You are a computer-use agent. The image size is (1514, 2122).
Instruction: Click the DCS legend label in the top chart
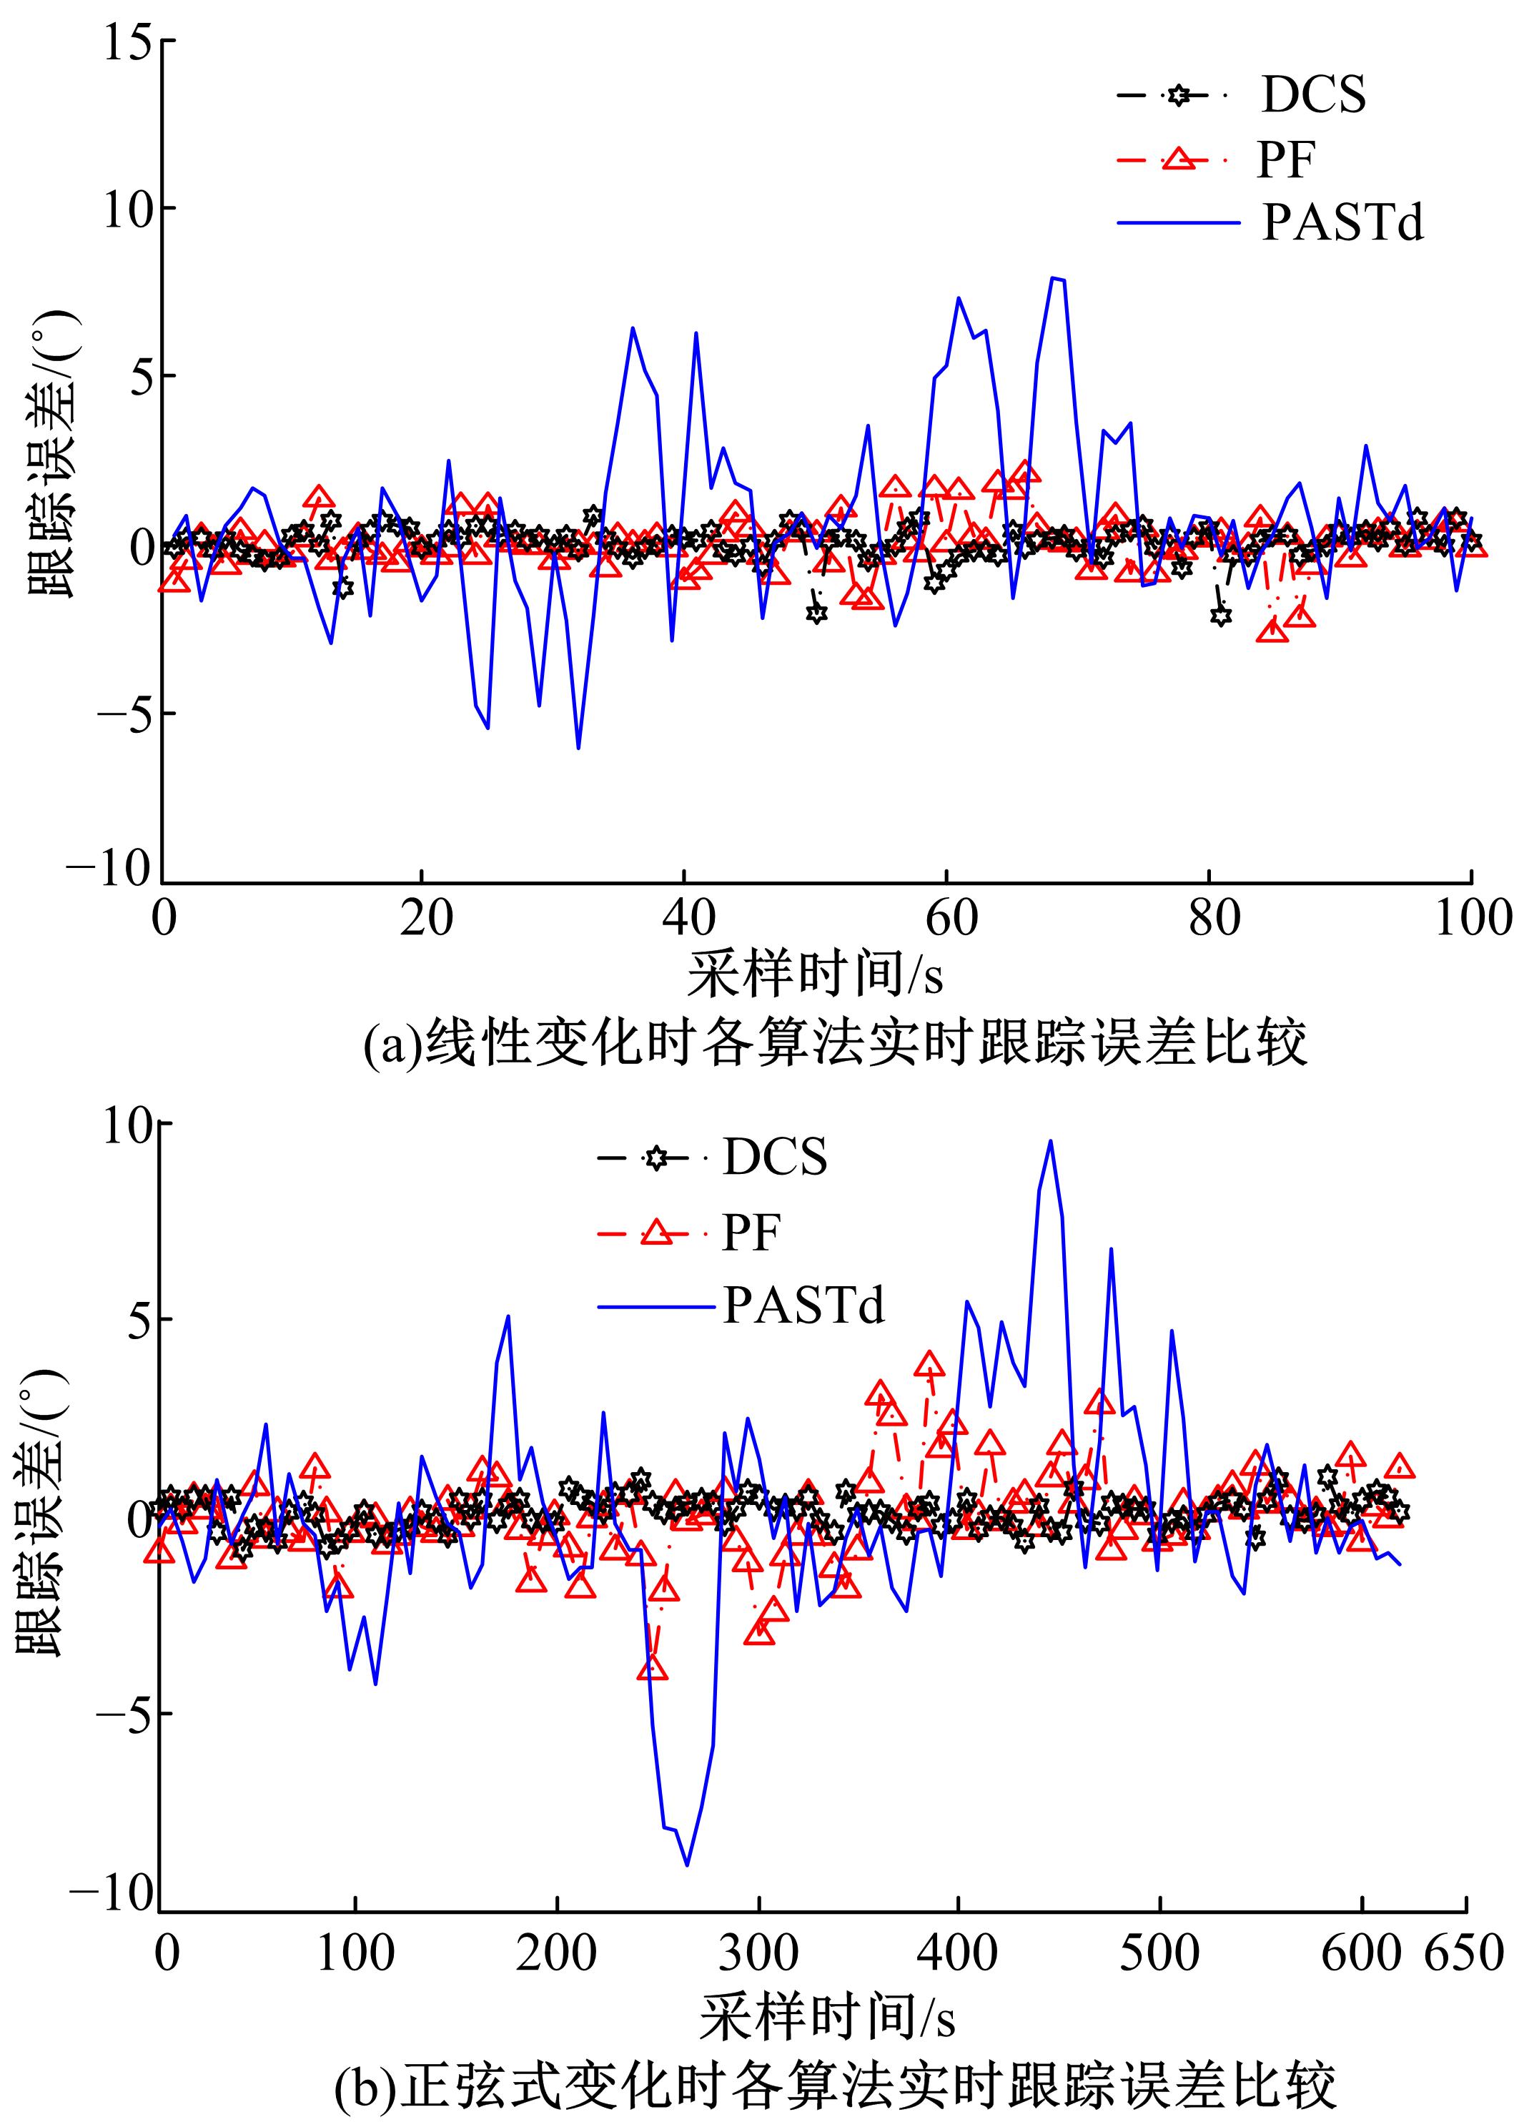(x=1312, y=94)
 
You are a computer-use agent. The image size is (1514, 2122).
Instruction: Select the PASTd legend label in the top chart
(x=1342, y=224)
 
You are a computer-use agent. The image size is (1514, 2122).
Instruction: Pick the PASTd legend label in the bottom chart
(x=803, y=1306)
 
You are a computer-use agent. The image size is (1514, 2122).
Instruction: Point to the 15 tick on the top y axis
(x=128, y=43)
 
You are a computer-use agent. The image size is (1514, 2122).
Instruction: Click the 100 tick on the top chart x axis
(x=1470, y=918)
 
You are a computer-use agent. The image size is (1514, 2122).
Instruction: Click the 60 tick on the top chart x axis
(x=950, y=918)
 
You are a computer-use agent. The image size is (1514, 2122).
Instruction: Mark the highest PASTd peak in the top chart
(x=1052, y=278)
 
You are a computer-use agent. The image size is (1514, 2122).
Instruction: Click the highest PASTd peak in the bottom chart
(x=1051, y=1140)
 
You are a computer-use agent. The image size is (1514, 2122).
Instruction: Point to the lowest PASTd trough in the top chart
(x=578, y=748)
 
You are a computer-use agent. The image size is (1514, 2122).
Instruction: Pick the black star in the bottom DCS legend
(x=655, y=1159)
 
